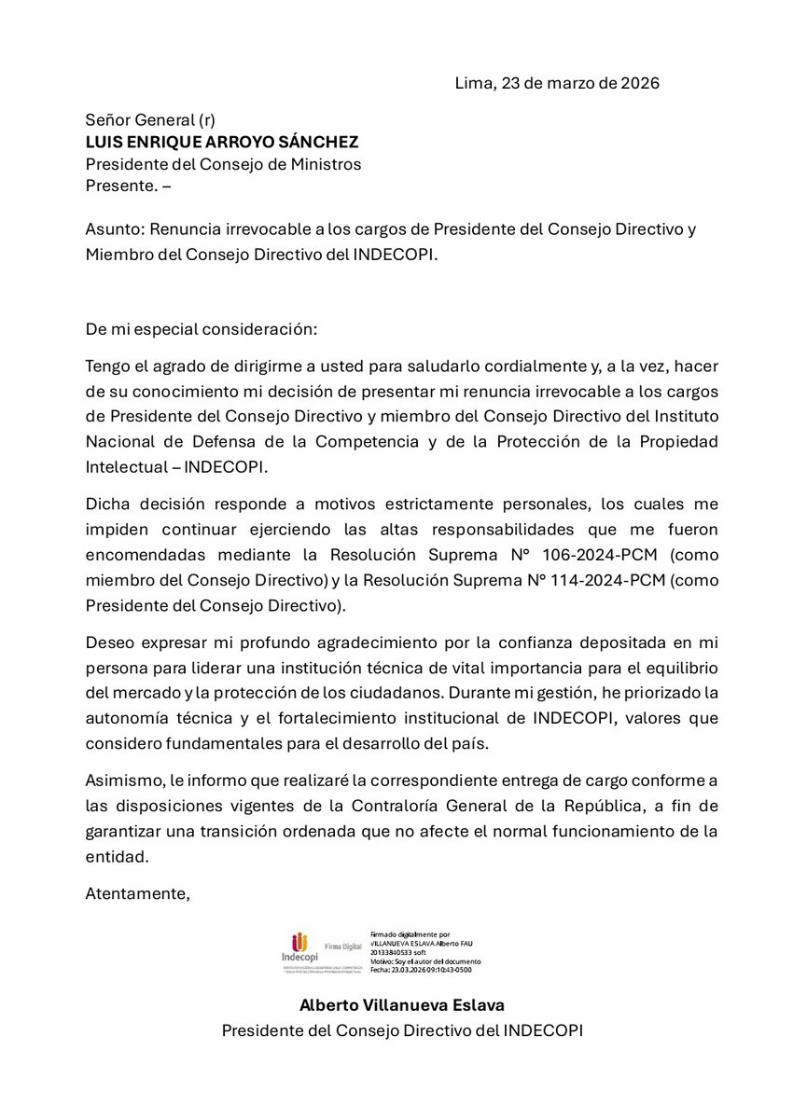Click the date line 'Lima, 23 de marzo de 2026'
click(557, 83)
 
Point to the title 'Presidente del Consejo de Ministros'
click(223, 163)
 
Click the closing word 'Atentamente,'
click(137, 892)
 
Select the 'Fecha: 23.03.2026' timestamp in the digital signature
click(421, 970)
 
